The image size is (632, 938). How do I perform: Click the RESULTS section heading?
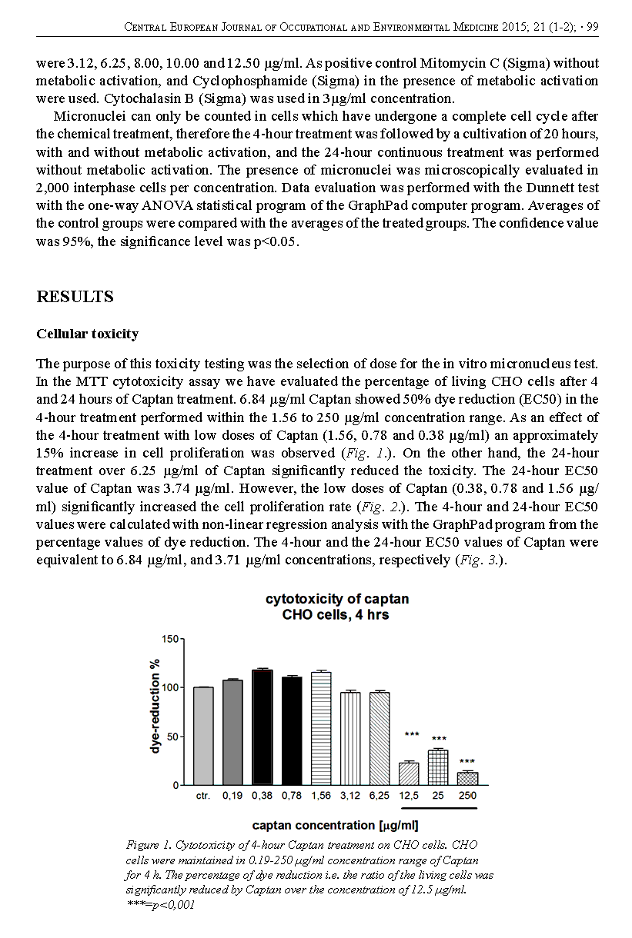coord(75,297)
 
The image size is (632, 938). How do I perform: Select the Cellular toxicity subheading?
coord(87,334)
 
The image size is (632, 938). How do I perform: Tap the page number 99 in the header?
coord(592,27)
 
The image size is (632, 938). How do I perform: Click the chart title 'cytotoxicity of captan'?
coord(337,599)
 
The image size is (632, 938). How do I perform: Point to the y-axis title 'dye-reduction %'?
coord(155,705)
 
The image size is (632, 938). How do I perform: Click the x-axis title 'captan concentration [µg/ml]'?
coord(336,826)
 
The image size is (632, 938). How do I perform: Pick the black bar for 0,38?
coord(262,727)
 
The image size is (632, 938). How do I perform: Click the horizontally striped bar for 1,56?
coord(321,729)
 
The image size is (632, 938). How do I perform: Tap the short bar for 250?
coord(467,779)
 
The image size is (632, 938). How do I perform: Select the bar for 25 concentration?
coord(438,767)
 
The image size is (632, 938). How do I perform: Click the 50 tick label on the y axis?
coord(172,737)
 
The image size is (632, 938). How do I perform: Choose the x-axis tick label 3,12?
coord(350,797)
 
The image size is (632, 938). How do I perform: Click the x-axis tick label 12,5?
coord(409,797)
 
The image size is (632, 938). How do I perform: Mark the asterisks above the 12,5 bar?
coord(411,734)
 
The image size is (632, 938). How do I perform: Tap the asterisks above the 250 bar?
coord(467,761)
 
